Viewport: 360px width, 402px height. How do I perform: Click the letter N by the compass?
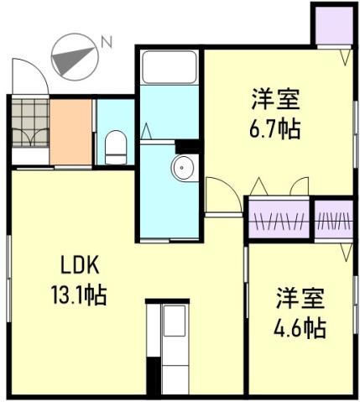(107, 40)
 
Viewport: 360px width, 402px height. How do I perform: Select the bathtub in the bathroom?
(168, 75)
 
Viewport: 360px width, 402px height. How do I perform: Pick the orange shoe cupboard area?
(70, 132)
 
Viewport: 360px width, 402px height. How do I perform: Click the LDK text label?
(81, 268)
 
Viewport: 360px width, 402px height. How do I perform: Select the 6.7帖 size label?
(275, 130)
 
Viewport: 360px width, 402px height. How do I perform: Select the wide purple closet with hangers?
(279, 222)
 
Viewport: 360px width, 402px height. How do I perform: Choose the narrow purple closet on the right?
(335, 221)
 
